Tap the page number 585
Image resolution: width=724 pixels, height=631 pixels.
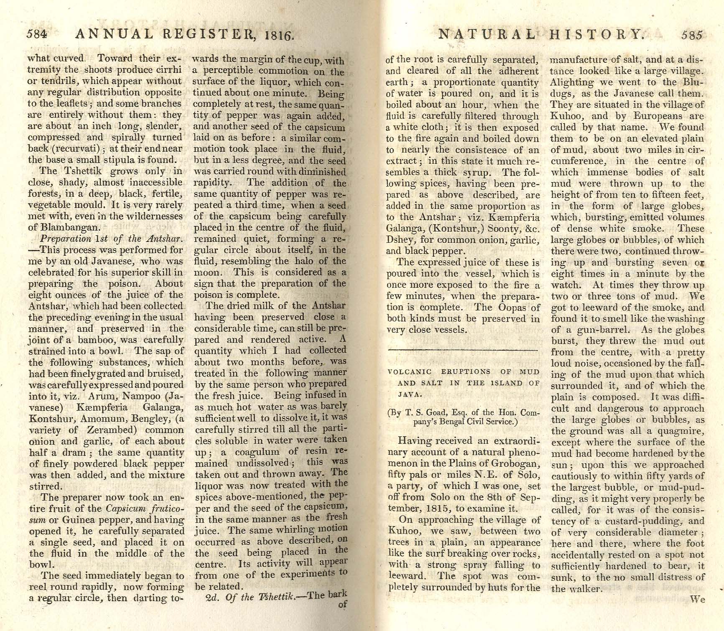(692, 35)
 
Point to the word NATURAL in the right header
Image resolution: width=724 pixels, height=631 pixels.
(487, 34)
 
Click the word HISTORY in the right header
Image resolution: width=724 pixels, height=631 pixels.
(595, 34)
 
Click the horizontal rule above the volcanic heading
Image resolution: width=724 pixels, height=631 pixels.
(463, 350)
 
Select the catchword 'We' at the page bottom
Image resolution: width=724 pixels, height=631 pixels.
(697, 599)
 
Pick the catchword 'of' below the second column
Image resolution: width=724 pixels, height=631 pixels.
(342, 604)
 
